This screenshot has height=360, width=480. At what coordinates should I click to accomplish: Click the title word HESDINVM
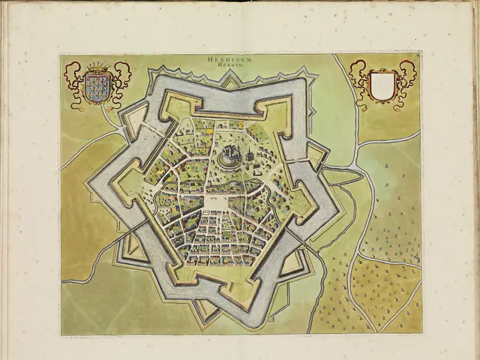click(x=234, y=58)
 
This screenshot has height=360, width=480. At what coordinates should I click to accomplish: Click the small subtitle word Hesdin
click(x=234, y=64)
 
